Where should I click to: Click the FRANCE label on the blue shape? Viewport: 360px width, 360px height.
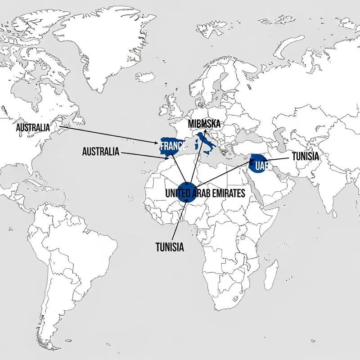pyautogui.click(x=173, y=146)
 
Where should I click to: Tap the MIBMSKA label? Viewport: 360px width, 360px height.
pyautogui.click(x=204, y=123)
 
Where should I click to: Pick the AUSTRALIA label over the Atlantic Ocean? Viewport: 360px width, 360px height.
pyautogui.click(x=101, y=152)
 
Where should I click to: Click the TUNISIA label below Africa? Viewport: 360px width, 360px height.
pyautogui.click(x=170, y=247)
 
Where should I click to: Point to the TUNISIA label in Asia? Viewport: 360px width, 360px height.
pyautogui.click(x=306, y=156)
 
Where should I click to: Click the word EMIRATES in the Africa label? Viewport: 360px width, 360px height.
pyautogui.click(x=225, y=193)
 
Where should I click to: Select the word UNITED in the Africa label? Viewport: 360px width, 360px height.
pyautogui.click(x=177, y=193)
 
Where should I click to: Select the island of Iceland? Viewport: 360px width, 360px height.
pyautogui.click(x=145, y=77)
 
